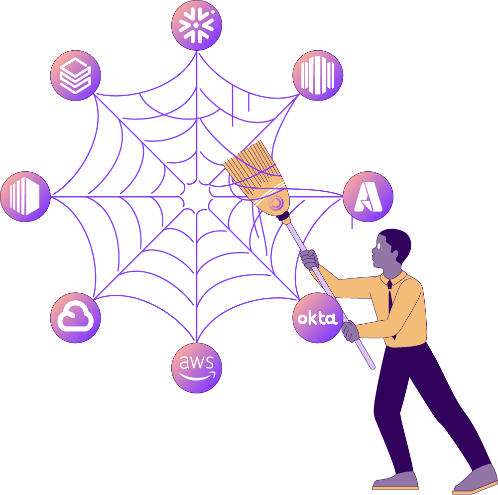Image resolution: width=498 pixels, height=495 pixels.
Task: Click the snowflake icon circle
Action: [x=197, y=25]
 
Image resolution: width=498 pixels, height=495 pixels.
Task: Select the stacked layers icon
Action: [x=75, y=76]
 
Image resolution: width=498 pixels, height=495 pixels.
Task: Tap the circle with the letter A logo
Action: [x=368, y=197]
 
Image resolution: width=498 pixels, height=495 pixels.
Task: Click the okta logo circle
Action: [x=317, y=318]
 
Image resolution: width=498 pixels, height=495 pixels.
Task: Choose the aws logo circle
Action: [x=197, y=368]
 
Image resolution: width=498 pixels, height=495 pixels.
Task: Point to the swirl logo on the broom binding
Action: [x=276, y=203]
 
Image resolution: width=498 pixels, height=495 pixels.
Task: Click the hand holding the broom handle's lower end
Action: [x=350, y=330]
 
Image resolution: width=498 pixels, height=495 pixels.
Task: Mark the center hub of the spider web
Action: [x=196, y=196]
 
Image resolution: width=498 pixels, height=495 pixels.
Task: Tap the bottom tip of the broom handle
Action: [x=372, y=368]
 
